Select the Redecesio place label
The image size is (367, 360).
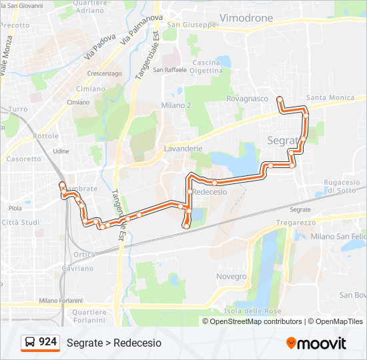click(211, 191)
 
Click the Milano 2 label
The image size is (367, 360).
click(176, 105)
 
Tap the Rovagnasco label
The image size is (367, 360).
click(247, 99)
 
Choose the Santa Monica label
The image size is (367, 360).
click(330, 98)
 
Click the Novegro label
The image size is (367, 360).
click(232, 276)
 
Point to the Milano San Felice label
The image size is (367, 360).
click(338, 237)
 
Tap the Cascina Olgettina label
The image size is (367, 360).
click(206, 66)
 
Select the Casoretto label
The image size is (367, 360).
click(23, 159)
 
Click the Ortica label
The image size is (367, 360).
click(84, 255)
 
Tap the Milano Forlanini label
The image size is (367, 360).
click(61, 301)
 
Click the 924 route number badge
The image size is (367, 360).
click(40, 342)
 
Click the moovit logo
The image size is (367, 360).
click(316, 343)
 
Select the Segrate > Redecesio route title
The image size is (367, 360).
click(114, 343)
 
